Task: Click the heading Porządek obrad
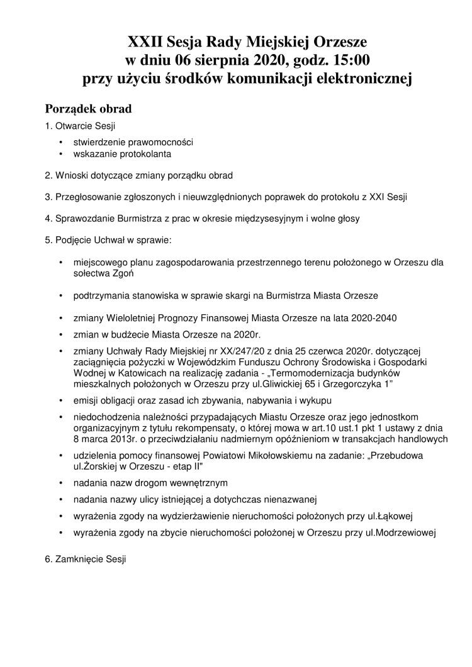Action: tap(87, 109)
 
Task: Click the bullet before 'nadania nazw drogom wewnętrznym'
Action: tap(60, 483)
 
